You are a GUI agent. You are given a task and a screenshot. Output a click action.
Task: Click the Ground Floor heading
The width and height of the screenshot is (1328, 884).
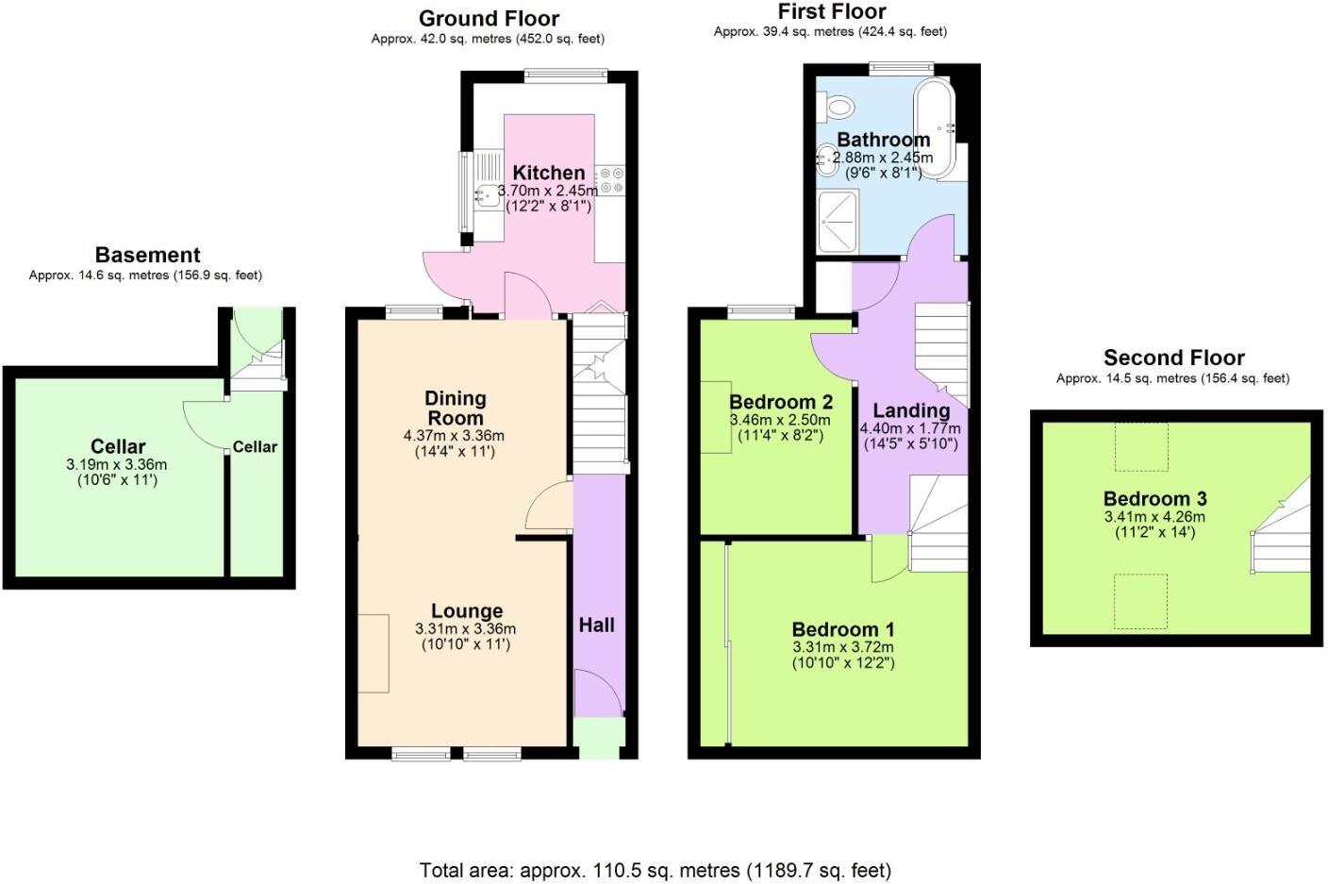[489, 19]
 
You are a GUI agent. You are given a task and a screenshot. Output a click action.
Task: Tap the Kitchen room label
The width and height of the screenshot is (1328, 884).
[548, 173]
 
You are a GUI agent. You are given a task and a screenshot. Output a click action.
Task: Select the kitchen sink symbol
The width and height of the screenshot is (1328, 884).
[489, 195]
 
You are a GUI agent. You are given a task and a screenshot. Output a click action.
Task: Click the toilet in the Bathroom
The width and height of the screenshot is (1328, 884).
[837, 107]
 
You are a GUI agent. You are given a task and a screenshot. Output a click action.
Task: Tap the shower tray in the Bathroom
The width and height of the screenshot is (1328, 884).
[838, 222]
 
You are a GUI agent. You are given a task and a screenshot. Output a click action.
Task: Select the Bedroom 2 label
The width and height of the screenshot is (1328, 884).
[780, 402]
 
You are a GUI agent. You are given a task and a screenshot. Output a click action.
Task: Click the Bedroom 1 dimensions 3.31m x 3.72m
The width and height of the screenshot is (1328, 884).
[842, 647]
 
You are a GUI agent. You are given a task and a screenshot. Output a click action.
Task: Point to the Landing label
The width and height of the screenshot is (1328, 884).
[910, 410]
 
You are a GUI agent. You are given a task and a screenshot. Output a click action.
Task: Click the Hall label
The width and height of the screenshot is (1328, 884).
[596, 625]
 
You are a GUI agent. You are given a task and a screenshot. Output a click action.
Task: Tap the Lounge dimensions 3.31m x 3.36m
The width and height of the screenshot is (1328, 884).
[465, 629]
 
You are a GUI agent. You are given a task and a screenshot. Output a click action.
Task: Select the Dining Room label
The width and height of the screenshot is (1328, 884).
[455, 408]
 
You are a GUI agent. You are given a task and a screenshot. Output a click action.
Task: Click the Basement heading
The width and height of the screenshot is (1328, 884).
[147, 255]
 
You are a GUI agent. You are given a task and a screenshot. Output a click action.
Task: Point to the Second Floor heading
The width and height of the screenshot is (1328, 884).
[1173, 358]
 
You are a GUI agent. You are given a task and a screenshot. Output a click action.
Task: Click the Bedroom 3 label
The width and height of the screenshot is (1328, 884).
[1154, 499]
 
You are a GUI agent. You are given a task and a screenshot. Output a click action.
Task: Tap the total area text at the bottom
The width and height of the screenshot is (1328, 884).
[655, 870]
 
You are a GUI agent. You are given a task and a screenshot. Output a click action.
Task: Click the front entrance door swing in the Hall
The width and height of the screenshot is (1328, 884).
[597, 693]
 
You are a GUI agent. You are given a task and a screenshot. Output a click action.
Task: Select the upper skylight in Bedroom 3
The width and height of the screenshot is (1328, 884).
[1141, 446]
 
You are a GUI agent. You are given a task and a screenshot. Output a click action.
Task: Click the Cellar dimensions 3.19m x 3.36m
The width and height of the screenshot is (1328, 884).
[117, 464]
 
